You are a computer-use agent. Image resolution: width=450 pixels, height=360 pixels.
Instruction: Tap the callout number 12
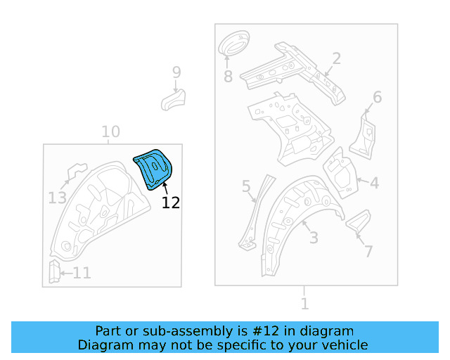coord(170,203)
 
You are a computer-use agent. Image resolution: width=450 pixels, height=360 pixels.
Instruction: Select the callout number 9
coord(176,72)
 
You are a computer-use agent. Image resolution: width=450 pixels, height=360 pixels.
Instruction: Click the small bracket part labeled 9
coord(173,99)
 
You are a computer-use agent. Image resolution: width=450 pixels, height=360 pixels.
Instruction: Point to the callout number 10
coord(110,131)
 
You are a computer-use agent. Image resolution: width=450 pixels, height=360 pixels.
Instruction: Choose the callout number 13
coord(58,198)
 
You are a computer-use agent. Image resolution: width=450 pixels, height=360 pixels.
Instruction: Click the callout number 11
coord(82,273)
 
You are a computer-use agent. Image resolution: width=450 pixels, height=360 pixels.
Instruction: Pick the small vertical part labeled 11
coord(53,271)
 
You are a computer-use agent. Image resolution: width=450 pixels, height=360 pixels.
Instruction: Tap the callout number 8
coord(228,76)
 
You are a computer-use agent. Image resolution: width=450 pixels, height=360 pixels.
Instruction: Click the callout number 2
coord(336,58)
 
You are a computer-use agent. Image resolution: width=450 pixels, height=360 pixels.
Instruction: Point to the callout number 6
coord(377,97)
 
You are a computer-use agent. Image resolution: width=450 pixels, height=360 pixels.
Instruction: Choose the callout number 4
coord(374,184)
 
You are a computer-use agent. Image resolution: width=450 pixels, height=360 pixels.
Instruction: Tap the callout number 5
coord(246,186)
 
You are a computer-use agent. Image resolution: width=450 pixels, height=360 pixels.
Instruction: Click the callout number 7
coord(368,251)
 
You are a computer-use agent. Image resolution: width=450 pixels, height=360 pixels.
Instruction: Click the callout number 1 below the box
coord(304,304)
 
